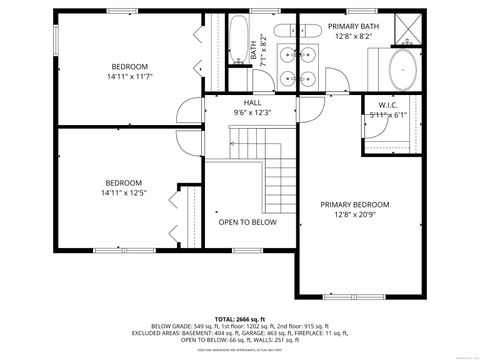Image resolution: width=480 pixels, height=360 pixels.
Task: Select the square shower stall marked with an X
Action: point(407,27)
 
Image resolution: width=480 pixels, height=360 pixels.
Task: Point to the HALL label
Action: point(253,102)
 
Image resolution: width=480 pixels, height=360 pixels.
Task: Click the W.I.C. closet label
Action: point(388,105)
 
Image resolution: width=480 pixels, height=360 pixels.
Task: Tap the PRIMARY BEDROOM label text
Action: point(354,204)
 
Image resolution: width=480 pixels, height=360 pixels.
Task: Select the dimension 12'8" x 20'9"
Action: point(354,214)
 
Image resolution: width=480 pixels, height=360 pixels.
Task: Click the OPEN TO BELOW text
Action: point(248,222)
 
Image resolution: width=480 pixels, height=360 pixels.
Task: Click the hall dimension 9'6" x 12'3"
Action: point(253,112)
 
